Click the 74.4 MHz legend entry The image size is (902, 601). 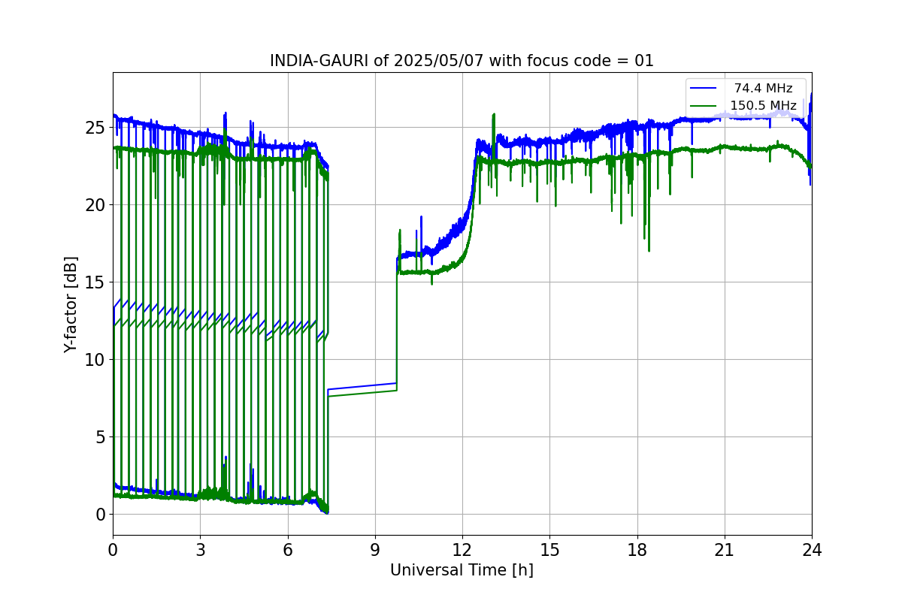763,89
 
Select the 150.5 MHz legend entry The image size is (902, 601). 763,105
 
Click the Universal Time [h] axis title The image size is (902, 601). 462,570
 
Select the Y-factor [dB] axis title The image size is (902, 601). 71,304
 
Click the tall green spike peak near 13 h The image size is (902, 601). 494,114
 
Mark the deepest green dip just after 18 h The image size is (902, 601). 649,251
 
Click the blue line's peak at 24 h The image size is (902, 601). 811,94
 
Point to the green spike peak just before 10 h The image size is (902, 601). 400,230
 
